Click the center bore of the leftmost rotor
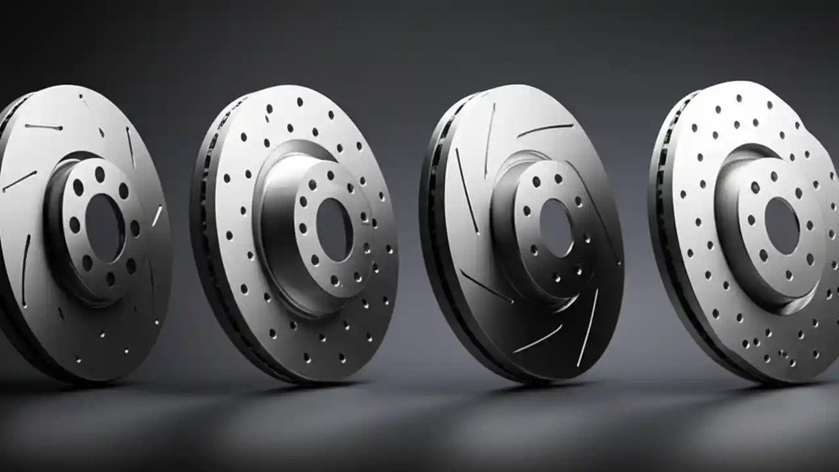pos(105,219)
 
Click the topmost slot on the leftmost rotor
pos(44,127)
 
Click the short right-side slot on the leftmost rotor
pos(157,216)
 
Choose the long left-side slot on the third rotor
pos(467,190)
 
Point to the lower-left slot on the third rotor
pos(486,286)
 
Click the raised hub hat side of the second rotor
pos(275,216)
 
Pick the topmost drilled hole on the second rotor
pos(300,102)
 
